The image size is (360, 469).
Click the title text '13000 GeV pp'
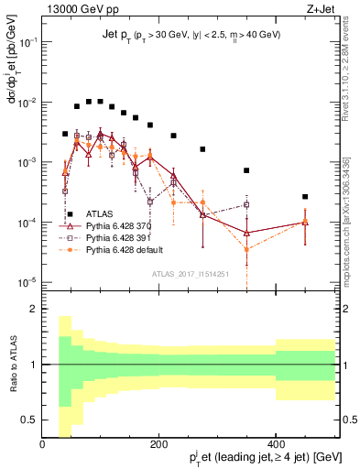click(73, 10)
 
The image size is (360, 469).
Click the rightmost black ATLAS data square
click(305, 197)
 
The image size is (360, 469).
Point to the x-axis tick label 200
click(159, 445)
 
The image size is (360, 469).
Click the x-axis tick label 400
click(276, 445)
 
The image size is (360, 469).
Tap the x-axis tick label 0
click(42, 445)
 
